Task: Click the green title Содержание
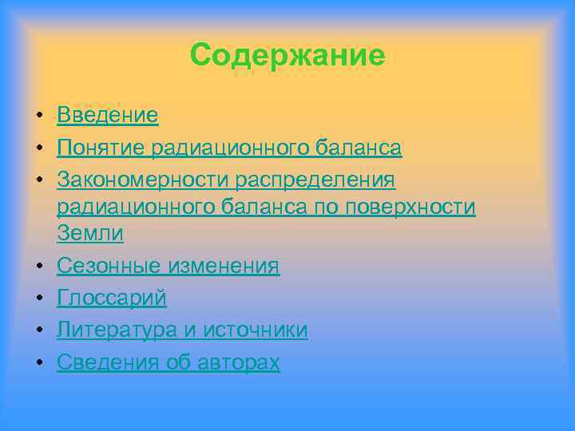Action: [287, 55]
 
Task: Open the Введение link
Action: [108, 116]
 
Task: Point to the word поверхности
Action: [412, 207]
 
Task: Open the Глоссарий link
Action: [112, 298]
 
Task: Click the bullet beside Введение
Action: [38, 117]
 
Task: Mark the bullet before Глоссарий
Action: [38, 299]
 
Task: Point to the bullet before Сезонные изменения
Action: [38, 267]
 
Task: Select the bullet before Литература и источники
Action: [38, 330]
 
